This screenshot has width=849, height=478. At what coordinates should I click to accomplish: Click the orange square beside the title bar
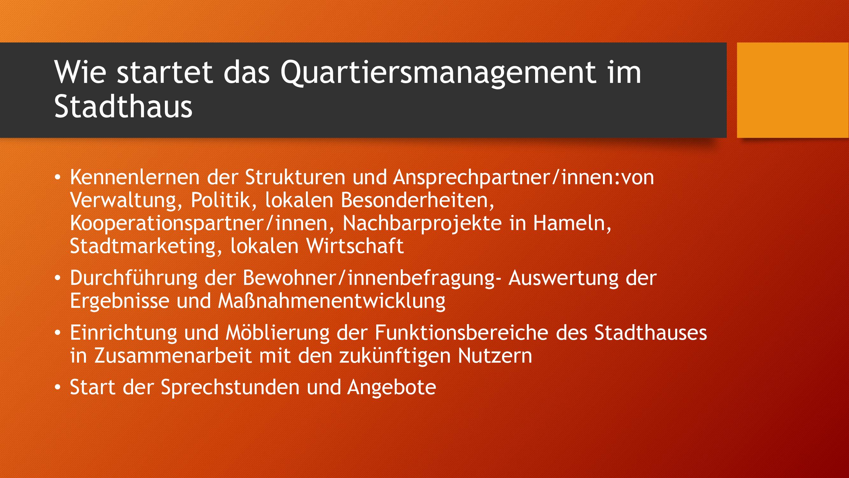coord(793,90)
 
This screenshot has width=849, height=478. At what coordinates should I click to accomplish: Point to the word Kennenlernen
coord(135,177)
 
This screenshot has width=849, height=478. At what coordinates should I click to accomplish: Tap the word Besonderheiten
coord(418,200)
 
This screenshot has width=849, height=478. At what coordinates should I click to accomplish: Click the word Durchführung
coord(133,279)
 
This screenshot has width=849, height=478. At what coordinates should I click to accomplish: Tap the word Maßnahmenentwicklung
coord(332,301)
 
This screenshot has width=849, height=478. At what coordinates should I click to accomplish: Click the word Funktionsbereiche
coord(461,332)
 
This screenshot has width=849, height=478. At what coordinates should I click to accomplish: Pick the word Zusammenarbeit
coord(173,356)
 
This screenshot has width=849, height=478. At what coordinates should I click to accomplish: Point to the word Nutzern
coord(495,356)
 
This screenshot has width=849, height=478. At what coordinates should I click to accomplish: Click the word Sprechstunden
coord(230,387)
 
